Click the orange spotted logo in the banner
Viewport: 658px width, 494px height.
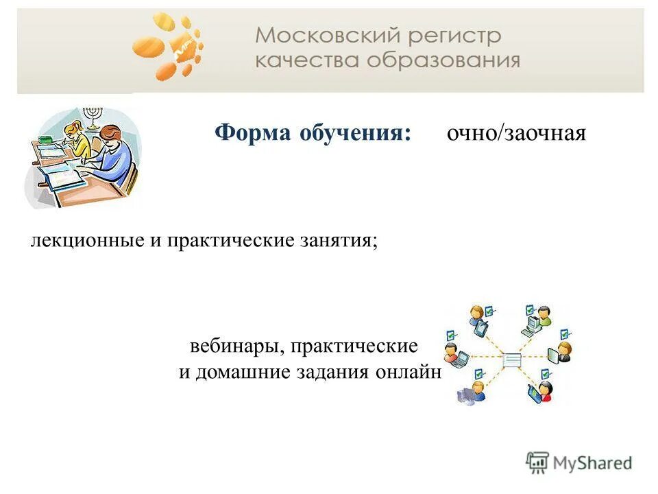[168, 45]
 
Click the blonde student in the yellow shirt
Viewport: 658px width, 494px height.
[79, 137]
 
